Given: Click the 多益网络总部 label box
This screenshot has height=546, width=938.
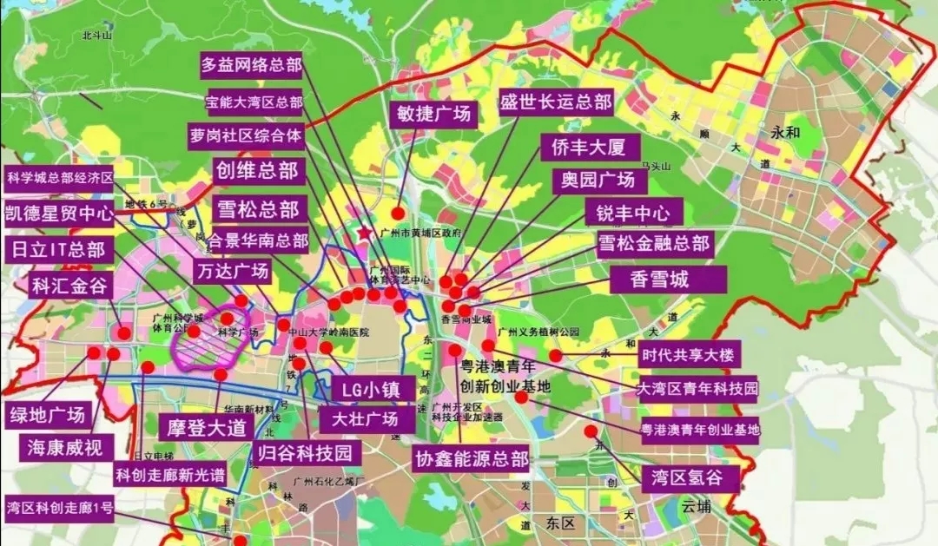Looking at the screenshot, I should (x=251, y=64).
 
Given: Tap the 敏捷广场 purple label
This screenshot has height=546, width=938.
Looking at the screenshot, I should (x=433, y=115).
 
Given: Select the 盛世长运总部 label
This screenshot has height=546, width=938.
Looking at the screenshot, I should (x=556, y=101).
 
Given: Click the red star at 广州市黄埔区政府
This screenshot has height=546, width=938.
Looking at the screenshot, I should (x=363, y=234).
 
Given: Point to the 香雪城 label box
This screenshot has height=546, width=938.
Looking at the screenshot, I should (x=667, y=280).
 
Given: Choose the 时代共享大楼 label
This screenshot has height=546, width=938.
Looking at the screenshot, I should (x=688, y=354).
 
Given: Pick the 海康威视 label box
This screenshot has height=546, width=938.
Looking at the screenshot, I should (x=64, y=448).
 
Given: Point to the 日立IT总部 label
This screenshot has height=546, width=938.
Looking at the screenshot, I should (x=57, y=251).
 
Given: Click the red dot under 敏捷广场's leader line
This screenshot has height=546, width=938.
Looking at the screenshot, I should (x=398, y=213).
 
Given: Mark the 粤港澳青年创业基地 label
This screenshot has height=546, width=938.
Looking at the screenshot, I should (x=699, y=429).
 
